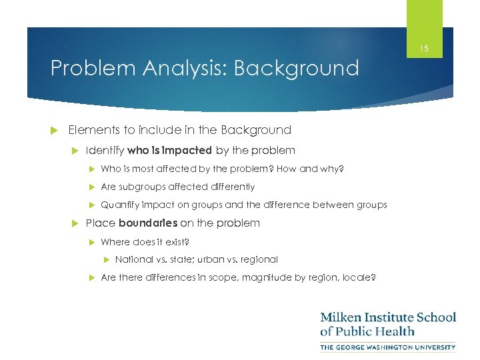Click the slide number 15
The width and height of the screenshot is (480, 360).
point(425,49)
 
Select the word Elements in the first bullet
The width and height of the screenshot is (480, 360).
point(91,130)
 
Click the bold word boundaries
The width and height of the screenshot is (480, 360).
point(148,223)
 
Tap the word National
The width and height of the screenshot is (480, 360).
point(134,259)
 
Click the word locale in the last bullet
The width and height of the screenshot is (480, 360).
point(358,277)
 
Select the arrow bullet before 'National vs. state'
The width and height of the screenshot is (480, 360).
point(106,259)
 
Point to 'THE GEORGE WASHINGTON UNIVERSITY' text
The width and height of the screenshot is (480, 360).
point(388,347)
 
